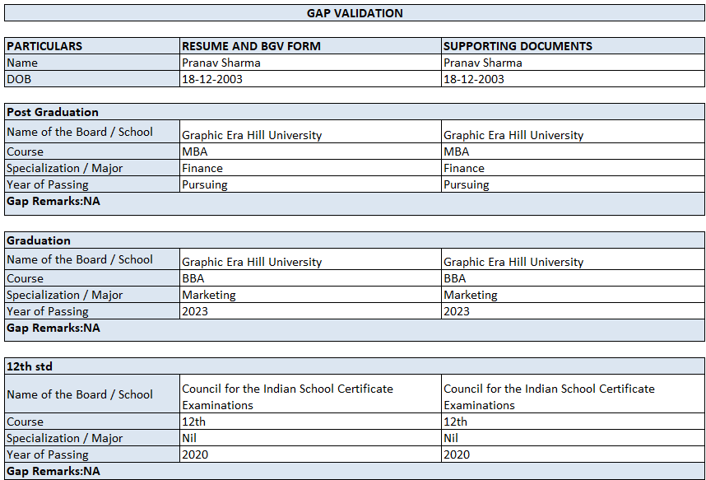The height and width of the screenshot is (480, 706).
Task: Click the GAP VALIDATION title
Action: click(355, 13)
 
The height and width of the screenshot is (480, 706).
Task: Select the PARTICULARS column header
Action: click(44, 46)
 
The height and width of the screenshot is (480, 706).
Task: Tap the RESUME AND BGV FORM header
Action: click(251, 46)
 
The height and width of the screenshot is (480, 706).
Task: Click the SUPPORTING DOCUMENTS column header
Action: click(518, 46)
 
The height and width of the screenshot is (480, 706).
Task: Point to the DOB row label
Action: click(19, 79)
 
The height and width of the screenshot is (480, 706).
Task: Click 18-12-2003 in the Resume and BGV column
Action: click(212, 79)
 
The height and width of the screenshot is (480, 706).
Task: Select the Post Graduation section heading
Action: click(53, 112)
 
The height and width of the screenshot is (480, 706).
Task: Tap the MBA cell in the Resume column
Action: click(194, 151)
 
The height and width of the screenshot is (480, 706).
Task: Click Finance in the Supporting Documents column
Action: click(464, 168)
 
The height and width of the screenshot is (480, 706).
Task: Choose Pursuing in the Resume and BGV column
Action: click(205, 184)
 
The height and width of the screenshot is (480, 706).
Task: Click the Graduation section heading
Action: click(39, 240)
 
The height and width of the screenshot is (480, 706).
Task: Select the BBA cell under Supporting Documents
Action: click(454, 278)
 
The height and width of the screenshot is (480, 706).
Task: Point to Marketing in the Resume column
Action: click(209, 295)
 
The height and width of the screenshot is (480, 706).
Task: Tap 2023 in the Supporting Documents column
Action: click(457, 311)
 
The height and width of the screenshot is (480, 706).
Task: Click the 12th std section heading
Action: click(30, 366)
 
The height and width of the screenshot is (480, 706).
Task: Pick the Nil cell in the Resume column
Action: click(189, 438)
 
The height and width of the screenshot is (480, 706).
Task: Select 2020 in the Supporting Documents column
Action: click(457, 454)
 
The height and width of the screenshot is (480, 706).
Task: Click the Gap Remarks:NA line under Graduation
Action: click(53, 328)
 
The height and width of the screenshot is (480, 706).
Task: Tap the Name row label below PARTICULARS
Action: click(22, 63)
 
